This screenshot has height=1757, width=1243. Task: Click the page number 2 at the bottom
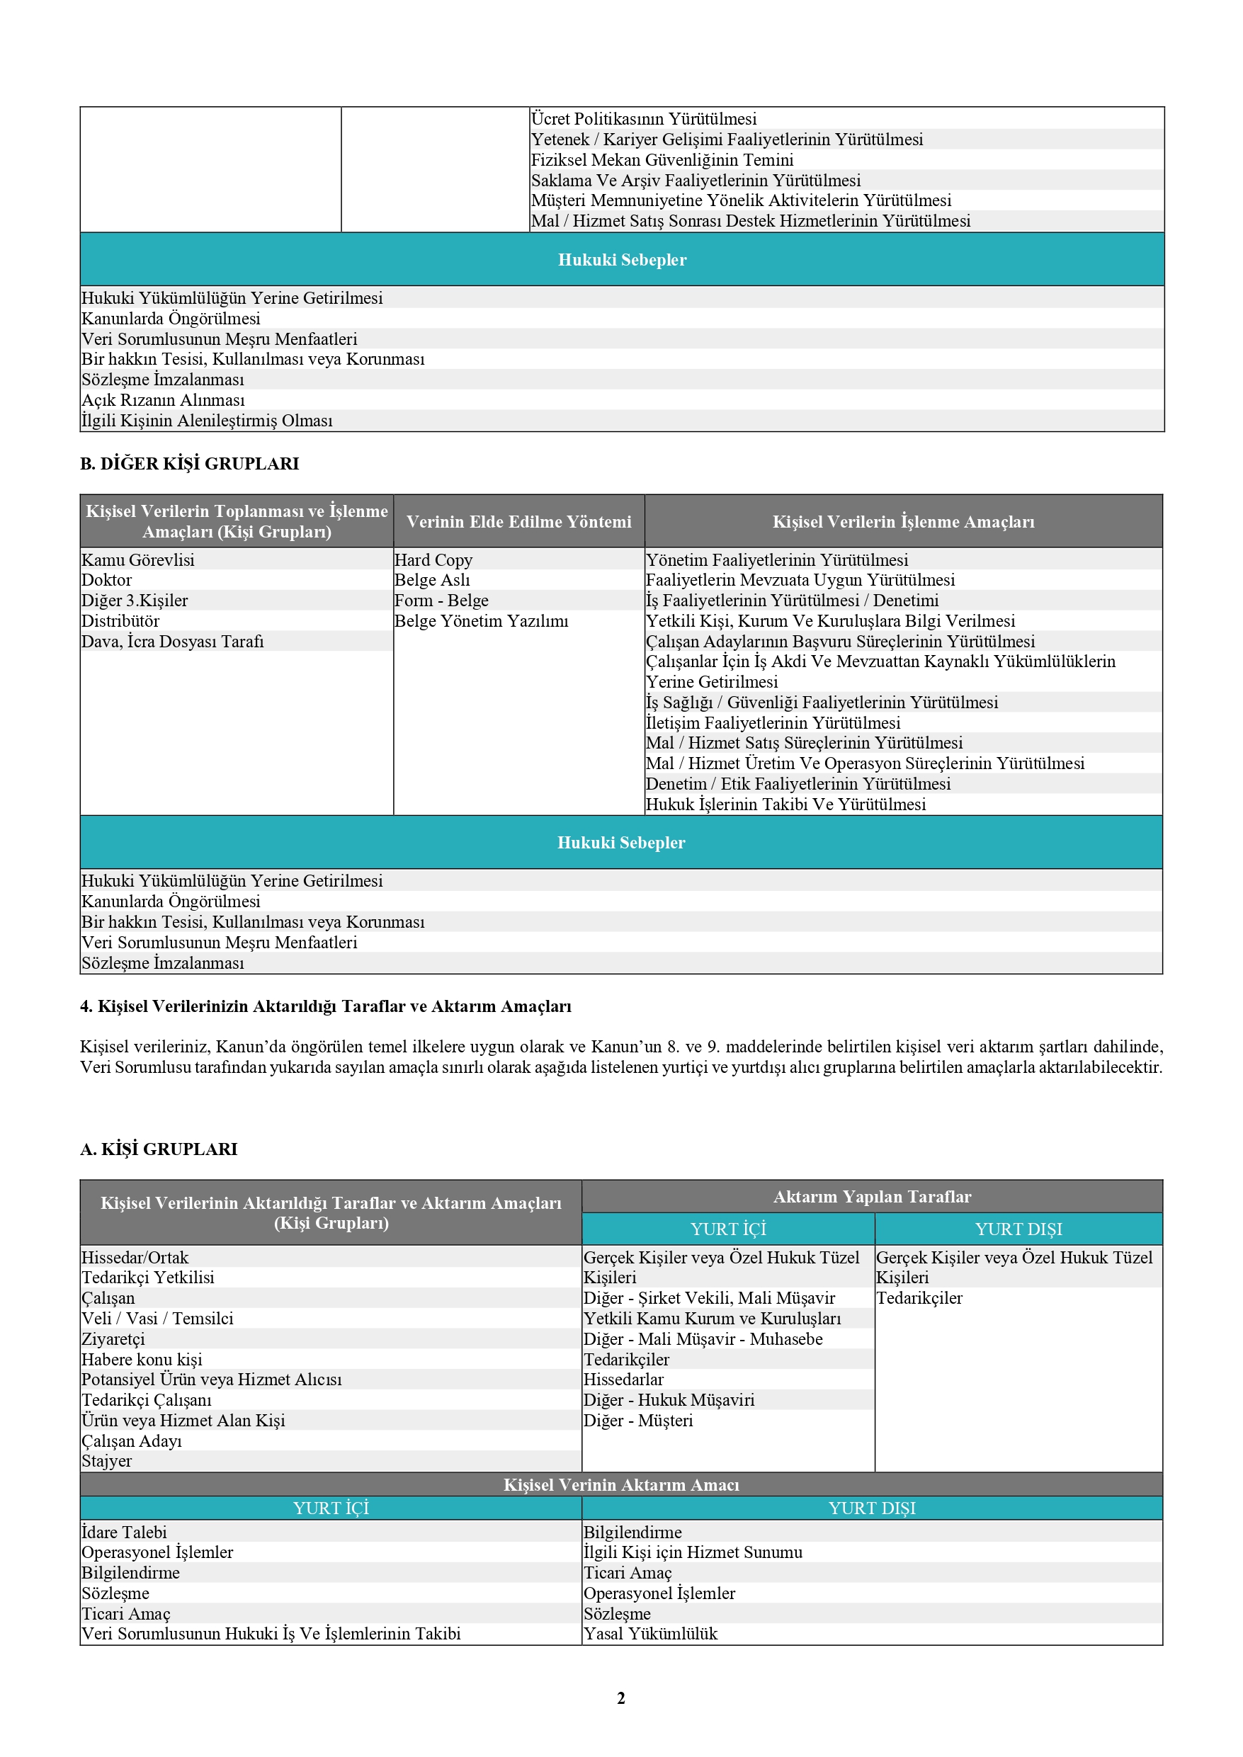620,1698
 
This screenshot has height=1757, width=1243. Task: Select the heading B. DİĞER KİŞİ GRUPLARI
189,464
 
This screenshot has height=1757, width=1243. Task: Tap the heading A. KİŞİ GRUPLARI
159,1149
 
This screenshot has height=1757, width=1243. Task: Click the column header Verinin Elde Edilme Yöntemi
518,522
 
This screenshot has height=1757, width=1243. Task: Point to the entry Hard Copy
433,560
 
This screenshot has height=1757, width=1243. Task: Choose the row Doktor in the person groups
106,580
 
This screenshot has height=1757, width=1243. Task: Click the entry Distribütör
120,621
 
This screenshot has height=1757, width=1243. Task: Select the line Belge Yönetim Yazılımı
481,621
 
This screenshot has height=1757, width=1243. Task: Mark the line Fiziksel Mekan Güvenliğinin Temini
662,160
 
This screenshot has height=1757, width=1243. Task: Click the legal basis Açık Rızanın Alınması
163,400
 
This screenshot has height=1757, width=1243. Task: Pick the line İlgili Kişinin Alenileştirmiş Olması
207,421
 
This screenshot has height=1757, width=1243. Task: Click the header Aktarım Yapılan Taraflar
872,1197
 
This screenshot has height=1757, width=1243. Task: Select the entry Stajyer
106,1462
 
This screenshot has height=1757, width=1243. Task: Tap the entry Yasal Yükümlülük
651,1634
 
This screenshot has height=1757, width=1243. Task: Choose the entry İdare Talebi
124,1532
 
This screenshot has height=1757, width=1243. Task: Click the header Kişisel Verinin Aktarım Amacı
620,1484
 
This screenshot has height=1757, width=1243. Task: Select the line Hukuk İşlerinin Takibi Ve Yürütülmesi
785,804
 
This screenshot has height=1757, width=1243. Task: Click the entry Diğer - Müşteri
637,1421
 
